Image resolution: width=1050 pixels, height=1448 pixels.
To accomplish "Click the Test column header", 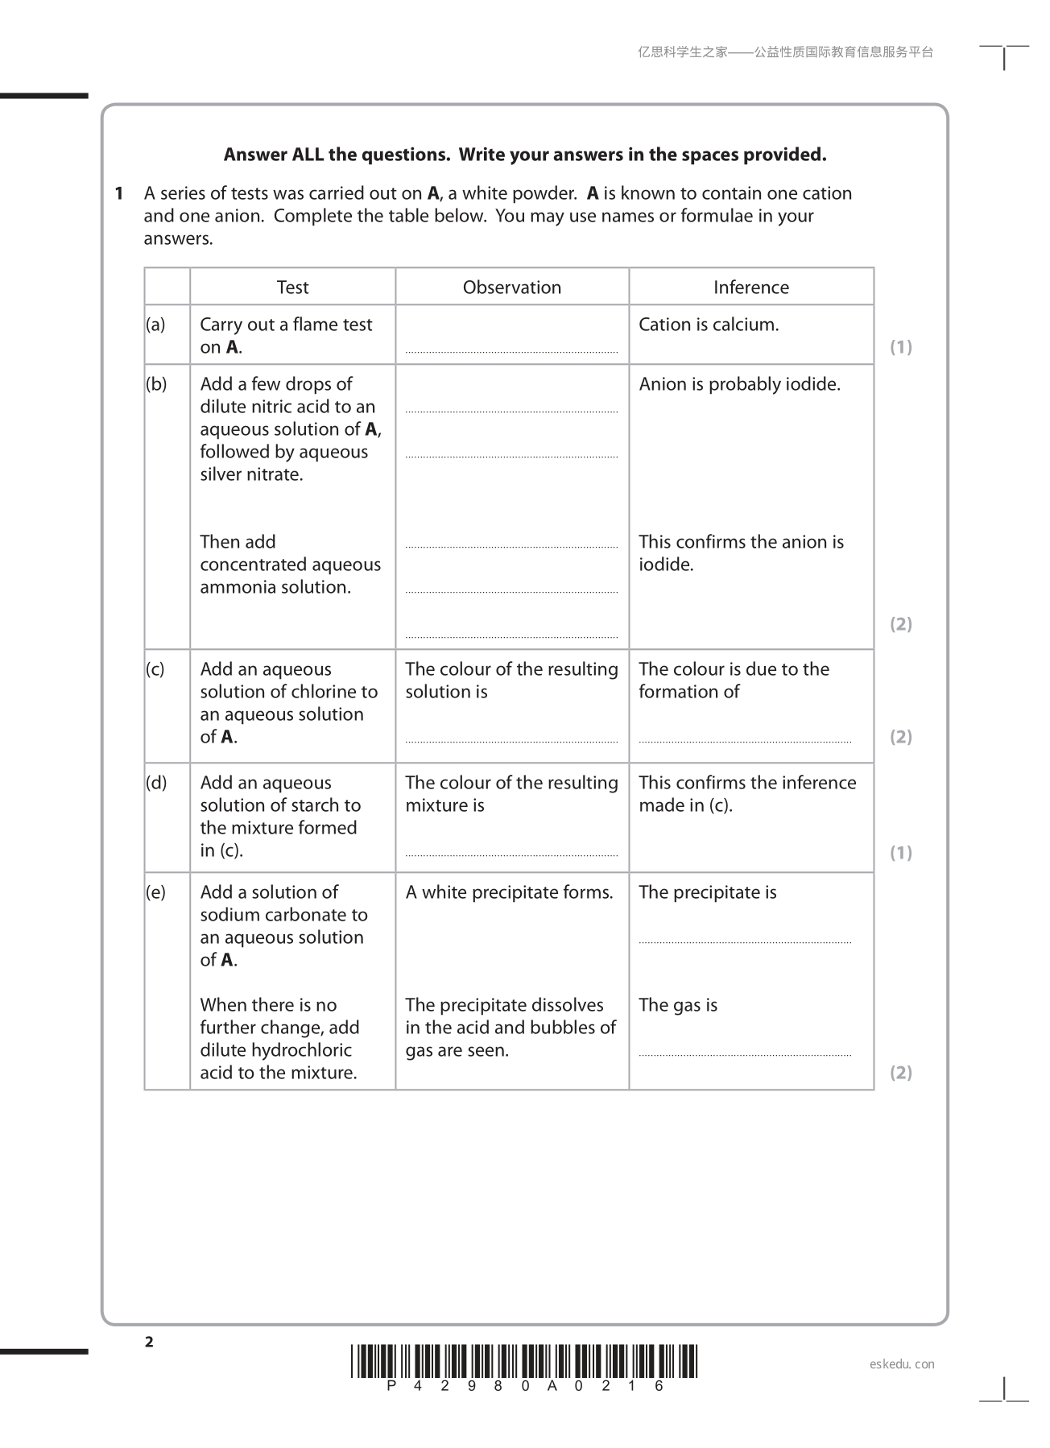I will pos(292,288).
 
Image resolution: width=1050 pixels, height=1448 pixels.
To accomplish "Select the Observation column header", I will pos(511,288).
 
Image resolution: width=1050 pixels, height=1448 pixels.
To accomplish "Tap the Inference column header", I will pos(750,288).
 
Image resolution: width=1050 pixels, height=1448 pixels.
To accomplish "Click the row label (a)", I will pos(155,325).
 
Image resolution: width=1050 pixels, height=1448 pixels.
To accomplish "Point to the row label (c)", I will pos(155,669).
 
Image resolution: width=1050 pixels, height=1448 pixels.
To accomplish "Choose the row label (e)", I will pos(155,892).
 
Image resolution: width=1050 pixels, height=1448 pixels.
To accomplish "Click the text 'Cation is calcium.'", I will pos(709,325).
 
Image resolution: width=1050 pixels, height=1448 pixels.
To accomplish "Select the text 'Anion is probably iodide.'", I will pos(739,384).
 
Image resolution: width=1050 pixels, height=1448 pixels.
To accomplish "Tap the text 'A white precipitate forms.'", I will pos(509,892).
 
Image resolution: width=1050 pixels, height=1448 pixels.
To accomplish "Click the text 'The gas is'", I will pos(678,1005).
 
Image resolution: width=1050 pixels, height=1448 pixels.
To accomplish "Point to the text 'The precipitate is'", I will pos(707,892).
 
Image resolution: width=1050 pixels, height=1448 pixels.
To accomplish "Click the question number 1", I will pos(119,193).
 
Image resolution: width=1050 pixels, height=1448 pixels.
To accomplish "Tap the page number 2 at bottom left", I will pos(149,1342).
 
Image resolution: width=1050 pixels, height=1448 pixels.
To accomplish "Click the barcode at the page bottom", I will pos(524,1361).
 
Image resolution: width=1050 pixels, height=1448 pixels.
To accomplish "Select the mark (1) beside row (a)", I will pos(900,347).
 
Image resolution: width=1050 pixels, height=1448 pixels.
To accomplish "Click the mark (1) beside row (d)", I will pos(900,853).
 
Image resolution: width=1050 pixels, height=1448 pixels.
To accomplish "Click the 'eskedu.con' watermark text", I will pos(902,1364).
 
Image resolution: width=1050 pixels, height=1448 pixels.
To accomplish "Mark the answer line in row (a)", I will pos(511,352).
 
